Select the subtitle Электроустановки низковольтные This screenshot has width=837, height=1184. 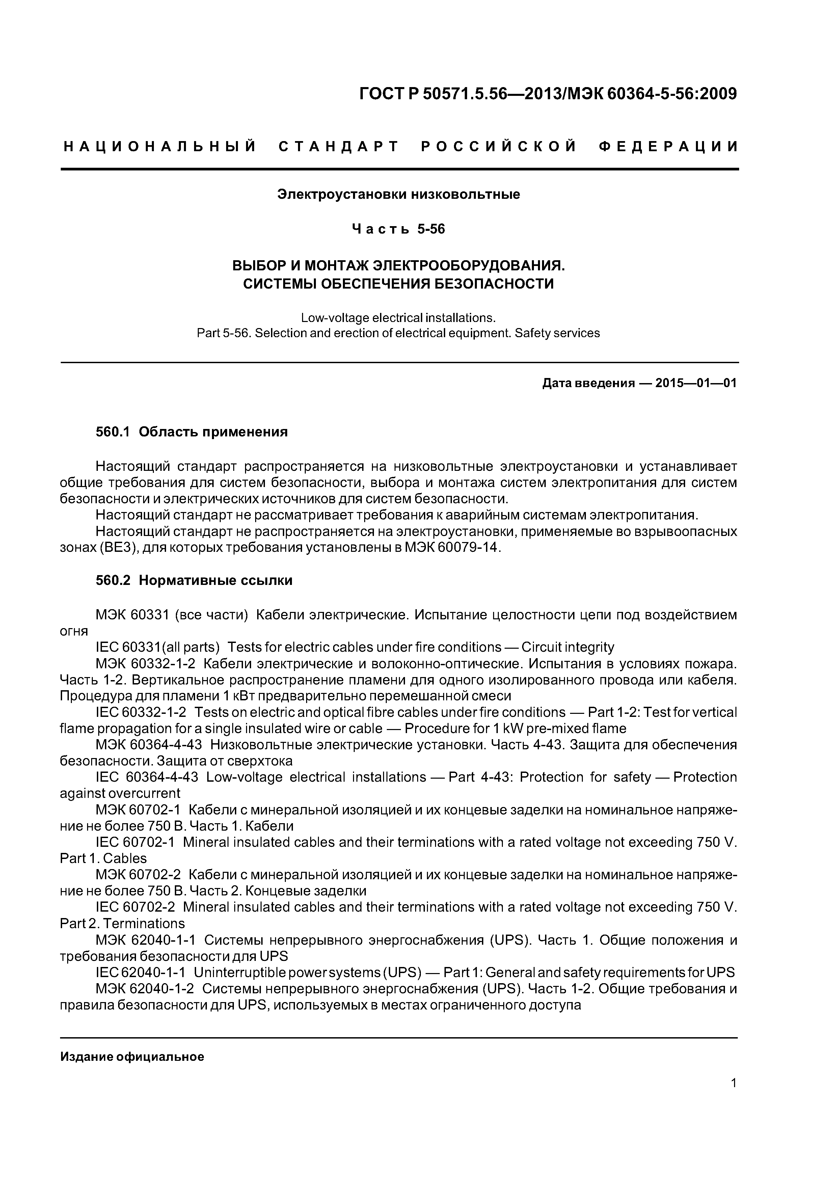pyautogui.click(x=399, y=194)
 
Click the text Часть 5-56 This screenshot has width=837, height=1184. pyautogui.click(x=398, y=229)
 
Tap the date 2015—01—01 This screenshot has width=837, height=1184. pyautogui.click(x=695, y=383)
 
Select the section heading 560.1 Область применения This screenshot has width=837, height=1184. pyautogui.click(x=191, y=432)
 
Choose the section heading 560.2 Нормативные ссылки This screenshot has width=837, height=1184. pyautogui.click(x=194, y=581)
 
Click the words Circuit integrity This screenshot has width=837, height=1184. pyautogui.click(x=568, y=647)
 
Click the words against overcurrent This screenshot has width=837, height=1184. pyautogui.click(x=120, y=793)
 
